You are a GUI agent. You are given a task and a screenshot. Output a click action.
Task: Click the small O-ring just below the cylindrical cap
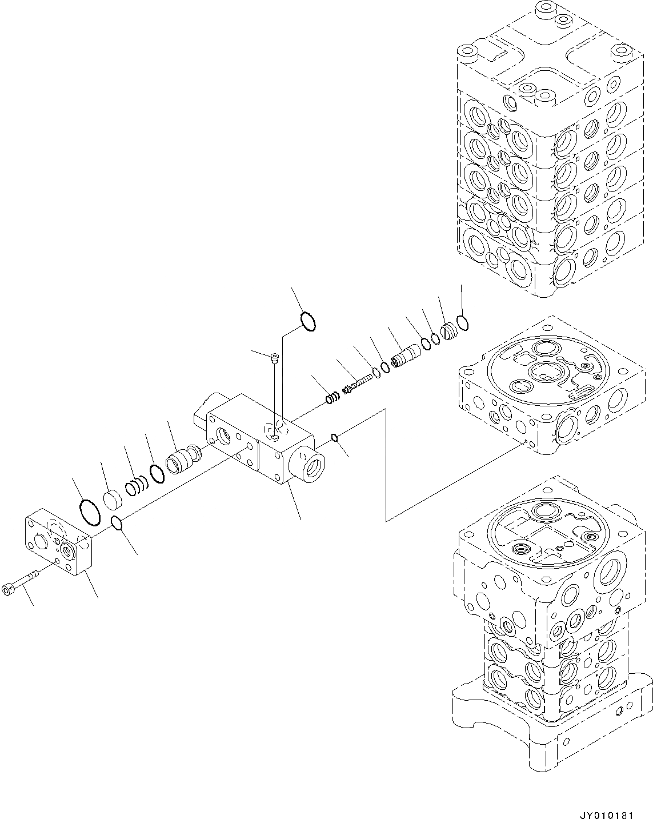point(117,523)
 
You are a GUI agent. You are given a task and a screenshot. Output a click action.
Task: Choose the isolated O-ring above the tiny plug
point(307,322)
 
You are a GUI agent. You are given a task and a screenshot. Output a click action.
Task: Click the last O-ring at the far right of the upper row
point(463,323)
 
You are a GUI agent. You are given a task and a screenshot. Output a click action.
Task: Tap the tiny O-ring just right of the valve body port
point(335,438)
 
